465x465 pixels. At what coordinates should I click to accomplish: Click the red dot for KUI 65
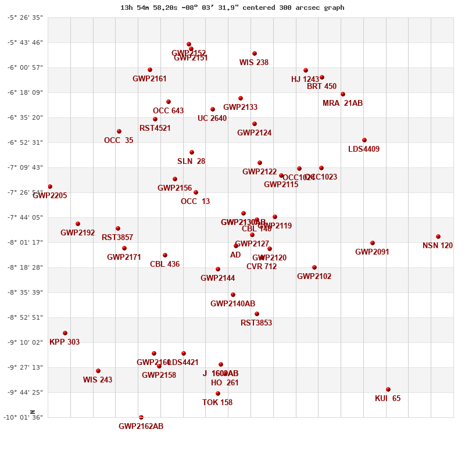pos(388,389)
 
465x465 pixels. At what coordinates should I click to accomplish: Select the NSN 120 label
pos(438,246)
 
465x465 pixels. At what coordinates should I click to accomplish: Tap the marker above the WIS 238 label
pos(255,53)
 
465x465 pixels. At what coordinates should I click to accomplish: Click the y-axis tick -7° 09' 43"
pos(25,167)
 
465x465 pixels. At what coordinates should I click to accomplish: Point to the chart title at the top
pos(233,8)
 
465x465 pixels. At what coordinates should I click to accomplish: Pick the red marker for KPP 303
pos(65,333)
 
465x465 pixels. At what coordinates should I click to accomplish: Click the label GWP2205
pos(50,196)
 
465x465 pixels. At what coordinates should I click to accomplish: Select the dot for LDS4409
pos(364,140)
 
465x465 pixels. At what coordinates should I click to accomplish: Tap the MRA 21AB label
pos(342,103)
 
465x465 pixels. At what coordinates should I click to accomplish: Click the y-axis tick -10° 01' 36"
pos(25,417)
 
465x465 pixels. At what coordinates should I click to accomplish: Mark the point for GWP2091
pos(373,243)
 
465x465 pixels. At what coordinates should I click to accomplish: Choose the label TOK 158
pos(217,403)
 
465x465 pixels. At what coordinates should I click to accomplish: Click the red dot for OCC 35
pos(119,131)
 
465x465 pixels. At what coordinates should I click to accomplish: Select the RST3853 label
pos(256,323)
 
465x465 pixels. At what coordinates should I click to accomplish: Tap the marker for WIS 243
pos(98,371)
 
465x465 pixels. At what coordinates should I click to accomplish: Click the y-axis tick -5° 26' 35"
pos(25,17)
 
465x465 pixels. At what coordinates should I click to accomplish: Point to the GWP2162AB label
pos(141,427)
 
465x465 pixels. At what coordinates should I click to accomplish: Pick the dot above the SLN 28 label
pos(192,152)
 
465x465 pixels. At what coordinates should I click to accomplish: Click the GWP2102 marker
pos(314,267)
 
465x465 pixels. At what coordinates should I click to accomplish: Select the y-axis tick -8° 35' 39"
pos(25,292)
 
